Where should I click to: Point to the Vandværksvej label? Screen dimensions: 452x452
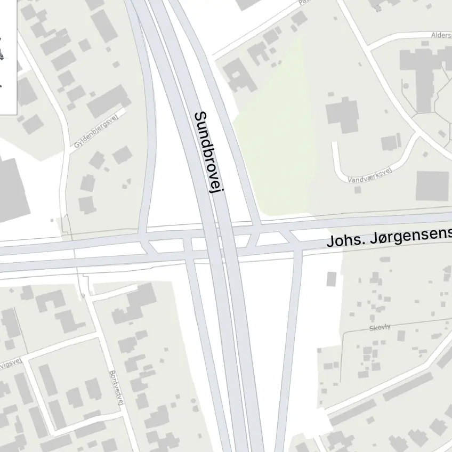(369, 175)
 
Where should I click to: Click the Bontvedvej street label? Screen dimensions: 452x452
(116, 388)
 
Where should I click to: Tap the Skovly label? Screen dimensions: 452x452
(380, 327)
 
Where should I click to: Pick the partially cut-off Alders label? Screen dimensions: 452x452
(441, 35)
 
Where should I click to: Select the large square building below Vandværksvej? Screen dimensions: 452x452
(432, 185)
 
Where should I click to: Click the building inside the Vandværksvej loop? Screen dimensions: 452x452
(342, 116)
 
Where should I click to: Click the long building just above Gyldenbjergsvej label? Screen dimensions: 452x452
(108, 101)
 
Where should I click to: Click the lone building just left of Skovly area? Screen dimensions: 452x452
(332, 279)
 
